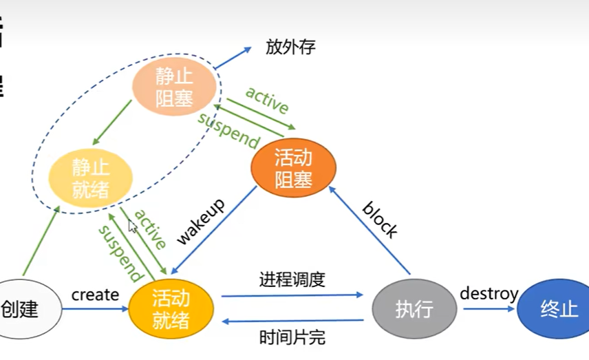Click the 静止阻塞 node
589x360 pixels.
pyautogui.click(x=174, y=87)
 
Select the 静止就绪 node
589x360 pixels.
pyautogui.click(x=91, y=178)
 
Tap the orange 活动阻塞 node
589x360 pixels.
pyautogui.click(x=293, y=169)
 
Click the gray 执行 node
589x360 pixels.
pyautogui.click(x=414, y=309)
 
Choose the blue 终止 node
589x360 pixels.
pyautogui.click(x=559, y=308)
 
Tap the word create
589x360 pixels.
pyautogui.click(x=95, y=295)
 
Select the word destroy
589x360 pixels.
pyautogui.click(x=489, y=294)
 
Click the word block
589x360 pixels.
pyautogui.click(x=380, y=220)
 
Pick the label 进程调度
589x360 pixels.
pyautogui.click(x=292, y=280)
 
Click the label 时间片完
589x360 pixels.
pyautogui.click(x=292, y=337)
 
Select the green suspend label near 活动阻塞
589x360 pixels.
pyautogui.click(x=228, y=129)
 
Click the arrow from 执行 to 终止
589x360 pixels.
pyautogui.click(x=489, y=309)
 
